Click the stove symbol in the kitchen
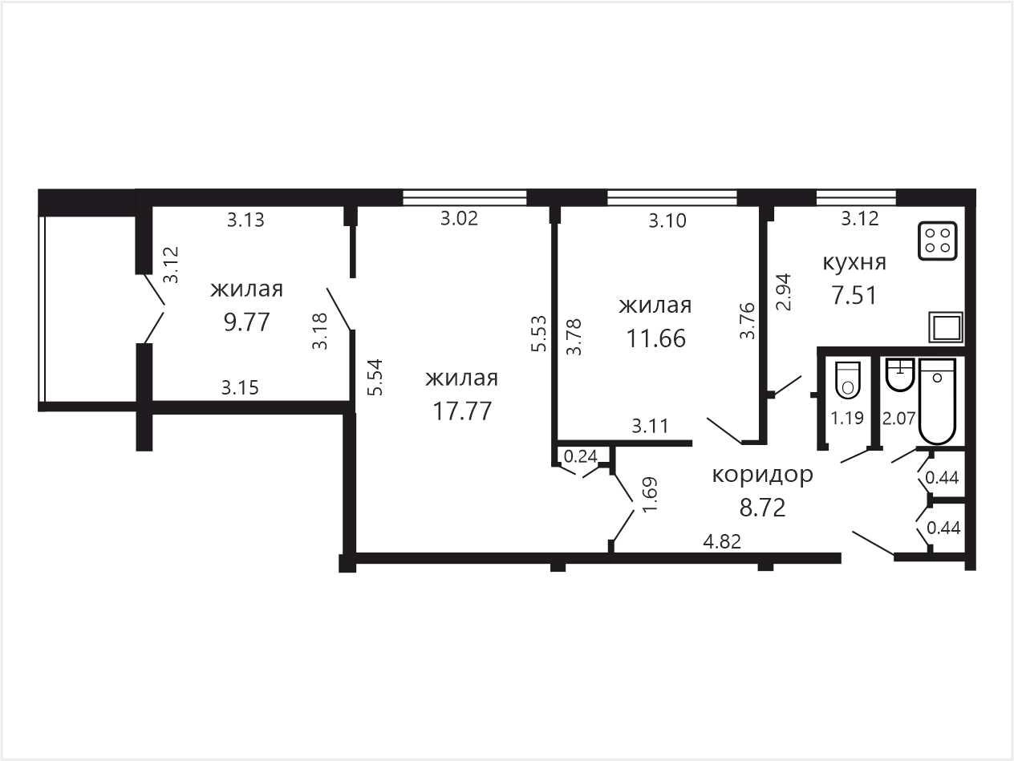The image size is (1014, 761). point(937,241)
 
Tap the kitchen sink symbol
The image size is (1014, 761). point(946,327)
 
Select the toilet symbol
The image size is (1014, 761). point(848,380)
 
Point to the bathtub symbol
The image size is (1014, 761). point(937,401)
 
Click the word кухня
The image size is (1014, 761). point(854,263)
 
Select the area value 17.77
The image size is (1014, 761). point(462,411)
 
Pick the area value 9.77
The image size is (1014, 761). point(247,322)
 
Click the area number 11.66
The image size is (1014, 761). point(655,338)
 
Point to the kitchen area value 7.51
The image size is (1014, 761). point(854,296)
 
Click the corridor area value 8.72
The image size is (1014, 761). point(762,508)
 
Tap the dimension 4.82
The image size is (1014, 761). point(722,541)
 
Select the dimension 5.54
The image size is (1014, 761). point(375,377)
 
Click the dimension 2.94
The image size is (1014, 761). point(784,293)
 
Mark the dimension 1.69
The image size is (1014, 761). point(650,494)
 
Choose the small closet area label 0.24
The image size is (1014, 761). point(581,456)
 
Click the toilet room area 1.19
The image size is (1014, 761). point(847,419)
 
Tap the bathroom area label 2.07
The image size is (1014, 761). point(899,419)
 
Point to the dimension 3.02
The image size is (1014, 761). point(459,218)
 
